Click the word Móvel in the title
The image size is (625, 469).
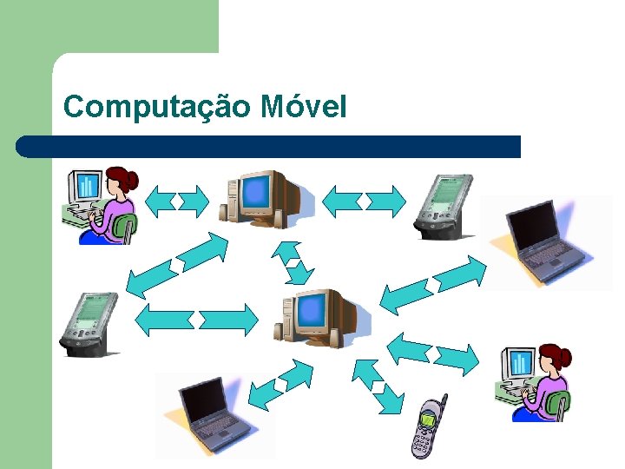pos(304,107)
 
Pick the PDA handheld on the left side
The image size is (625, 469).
pos(89,323)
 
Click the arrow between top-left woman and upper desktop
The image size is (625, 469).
pos(177,201)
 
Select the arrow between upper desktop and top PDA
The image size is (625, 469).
pos(364,201)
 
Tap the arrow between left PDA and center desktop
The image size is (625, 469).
pos(198,319)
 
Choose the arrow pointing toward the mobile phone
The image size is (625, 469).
pos(378,385)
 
